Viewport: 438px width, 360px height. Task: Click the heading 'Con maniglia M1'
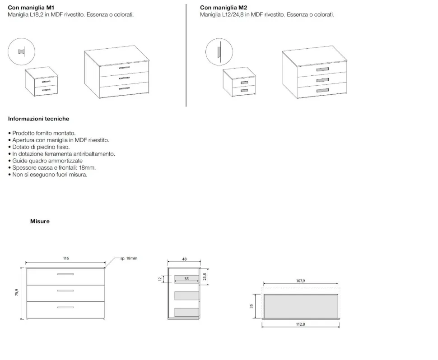click(31, 8)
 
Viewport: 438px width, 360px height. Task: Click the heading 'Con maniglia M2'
click(224, 8)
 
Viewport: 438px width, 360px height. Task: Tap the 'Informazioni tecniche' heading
click(38, 119)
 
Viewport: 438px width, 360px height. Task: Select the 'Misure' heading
click(40, 222)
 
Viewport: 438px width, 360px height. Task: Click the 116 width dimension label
click(66, 258)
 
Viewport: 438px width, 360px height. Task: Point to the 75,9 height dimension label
click(17, 292)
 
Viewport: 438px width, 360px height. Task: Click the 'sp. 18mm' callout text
click(129, 258)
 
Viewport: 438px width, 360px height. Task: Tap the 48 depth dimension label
click(184, 259)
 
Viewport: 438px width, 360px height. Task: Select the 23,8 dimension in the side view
click(205, 277)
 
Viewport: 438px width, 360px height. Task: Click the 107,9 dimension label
click(301, 281)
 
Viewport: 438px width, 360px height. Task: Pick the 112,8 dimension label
click(301, 324)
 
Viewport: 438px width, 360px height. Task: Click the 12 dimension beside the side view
click(160, 279)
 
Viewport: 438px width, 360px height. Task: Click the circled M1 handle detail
click(22, 51)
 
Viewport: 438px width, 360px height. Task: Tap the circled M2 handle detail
click(219, 52)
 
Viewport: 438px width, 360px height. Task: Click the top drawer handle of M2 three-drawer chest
click(322, 69)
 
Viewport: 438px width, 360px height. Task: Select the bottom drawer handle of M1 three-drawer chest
click(124, 88)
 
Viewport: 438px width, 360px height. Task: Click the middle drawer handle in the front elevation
click(65, 291)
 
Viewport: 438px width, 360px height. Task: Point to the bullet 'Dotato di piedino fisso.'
click(41, 147)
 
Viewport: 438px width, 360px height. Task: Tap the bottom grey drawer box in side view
click(186, 312)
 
